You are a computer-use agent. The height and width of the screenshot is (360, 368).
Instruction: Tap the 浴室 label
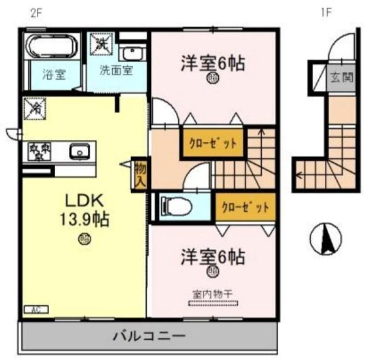(x=54, y=74)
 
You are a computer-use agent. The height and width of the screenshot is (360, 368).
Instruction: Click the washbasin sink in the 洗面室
(x=133, y=54)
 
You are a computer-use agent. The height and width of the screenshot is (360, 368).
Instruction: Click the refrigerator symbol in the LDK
(x=34, y=109)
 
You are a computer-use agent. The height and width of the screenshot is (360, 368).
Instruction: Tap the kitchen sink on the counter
(x=80, y=151)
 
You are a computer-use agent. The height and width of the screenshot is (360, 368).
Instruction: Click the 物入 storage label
(x=140, y=174)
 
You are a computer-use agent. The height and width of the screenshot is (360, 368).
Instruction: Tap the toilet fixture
(x=177, y=206)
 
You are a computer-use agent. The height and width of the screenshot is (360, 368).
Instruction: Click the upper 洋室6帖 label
(x=212, y=64)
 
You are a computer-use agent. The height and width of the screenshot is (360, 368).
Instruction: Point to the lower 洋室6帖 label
(x=212, y=257)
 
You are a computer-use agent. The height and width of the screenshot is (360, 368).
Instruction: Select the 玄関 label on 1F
(x=341, y=77)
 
